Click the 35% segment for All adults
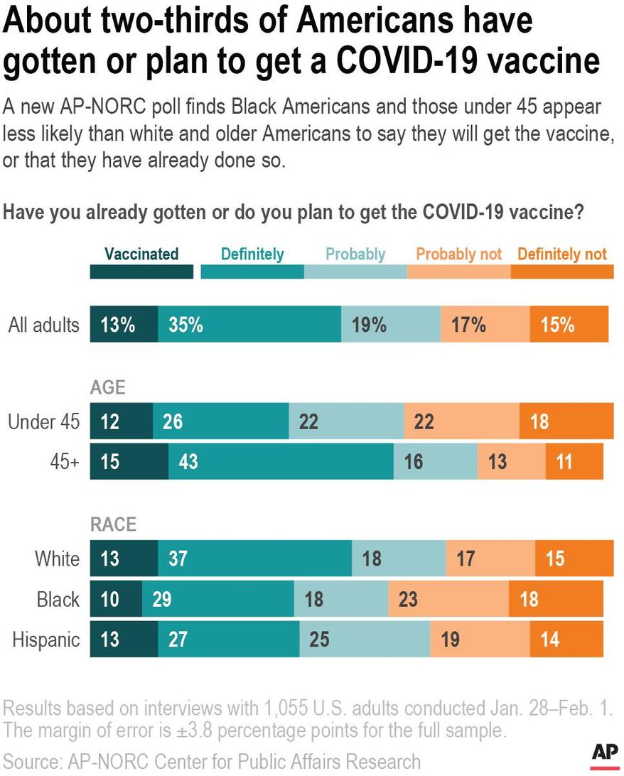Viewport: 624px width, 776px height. (x=249, y=325)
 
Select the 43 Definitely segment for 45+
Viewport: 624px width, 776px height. (x=281, y=462)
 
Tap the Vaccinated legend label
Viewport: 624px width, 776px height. (x=141, y=254)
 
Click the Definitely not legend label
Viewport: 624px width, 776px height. (x=562, y=254)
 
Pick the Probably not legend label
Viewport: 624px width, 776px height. (x=458, y=254)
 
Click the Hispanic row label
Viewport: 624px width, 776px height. (x=46, y=640)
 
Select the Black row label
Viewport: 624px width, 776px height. (x=58, y=599)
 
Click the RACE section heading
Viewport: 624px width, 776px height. (x=113, y=525)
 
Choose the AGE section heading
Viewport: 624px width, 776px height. (x=107, y=388)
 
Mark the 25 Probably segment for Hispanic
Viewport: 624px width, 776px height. (x=365, y=640)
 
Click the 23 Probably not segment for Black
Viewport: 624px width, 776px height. (x=448, y=599)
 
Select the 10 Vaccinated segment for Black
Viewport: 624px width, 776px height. (x=116, y=599)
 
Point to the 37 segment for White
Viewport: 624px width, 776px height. (x=254, y=559)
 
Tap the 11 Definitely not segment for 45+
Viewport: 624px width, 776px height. (x=574, y=462)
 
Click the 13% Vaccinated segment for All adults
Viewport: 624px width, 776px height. (x=124, y=325)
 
